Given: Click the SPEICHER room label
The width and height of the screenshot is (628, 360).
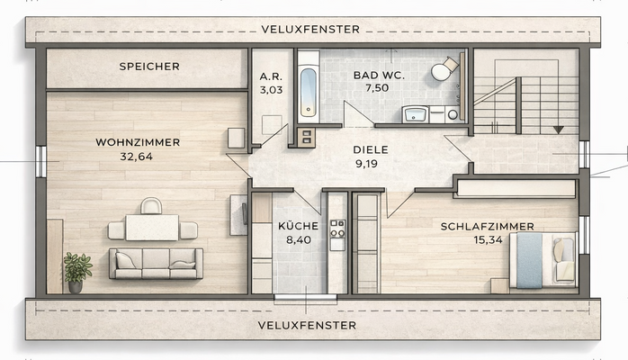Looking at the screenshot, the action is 149,67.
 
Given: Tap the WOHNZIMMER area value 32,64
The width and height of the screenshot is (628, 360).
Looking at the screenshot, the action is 137,157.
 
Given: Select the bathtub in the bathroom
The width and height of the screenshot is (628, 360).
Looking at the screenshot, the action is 308,93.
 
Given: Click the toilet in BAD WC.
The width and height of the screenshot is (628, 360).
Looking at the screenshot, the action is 444,69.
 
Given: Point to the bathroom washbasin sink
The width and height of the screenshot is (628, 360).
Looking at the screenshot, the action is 416,114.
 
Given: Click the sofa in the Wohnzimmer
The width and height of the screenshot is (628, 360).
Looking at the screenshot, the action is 156,263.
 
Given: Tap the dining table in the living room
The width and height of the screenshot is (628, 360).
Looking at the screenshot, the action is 152,228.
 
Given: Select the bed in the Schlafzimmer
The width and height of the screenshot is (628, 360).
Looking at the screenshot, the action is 543,260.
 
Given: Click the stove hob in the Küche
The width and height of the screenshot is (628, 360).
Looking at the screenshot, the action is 337,229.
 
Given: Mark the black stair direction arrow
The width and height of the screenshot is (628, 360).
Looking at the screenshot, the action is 559,130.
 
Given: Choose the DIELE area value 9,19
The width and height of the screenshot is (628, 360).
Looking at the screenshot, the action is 366,164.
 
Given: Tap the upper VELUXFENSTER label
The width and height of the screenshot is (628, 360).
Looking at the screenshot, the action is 310,29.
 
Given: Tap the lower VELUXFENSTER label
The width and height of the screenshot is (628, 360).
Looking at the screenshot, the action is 307,325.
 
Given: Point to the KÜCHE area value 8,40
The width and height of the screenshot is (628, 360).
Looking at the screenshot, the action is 299,240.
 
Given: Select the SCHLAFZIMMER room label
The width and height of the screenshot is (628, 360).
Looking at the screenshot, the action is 488,227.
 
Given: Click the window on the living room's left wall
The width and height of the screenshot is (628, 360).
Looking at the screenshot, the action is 41,161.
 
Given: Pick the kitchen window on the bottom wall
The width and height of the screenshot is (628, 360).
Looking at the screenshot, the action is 305,297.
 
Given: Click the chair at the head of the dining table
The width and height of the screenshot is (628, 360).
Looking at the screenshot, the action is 151,206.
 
